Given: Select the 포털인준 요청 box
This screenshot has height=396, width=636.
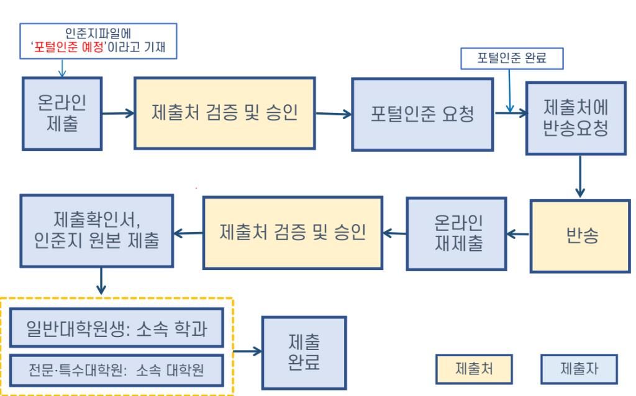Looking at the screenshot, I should coord(423,115).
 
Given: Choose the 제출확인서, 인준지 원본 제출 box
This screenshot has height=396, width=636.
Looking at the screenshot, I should coord(96,232).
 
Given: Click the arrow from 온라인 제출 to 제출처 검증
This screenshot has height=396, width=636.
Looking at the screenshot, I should coord(118,113).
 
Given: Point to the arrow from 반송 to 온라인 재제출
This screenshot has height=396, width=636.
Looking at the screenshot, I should coord(518,234).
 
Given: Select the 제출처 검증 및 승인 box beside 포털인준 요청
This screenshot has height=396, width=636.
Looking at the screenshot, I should coord(225,114).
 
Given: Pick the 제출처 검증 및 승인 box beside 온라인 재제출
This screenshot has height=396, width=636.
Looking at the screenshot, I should coord(293,233).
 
